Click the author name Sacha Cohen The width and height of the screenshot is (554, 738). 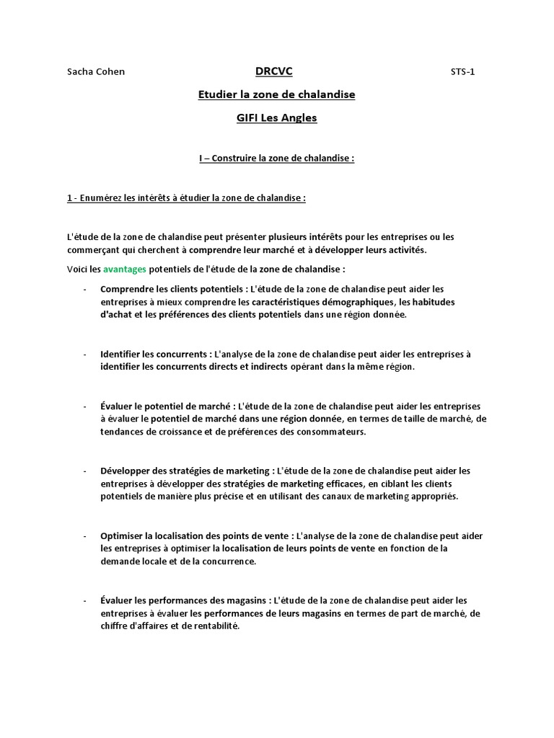(95, 71)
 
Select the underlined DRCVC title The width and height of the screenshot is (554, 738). (273, 71)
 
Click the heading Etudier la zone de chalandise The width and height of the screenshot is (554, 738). (276, 94)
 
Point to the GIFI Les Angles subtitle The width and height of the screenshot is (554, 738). (276, 117)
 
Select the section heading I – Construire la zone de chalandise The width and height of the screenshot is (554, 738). (277, 158)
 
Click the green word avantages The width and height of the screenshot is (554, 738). (124, 269)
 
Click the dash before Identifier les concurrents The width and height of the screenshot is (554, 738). (85, 354)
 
